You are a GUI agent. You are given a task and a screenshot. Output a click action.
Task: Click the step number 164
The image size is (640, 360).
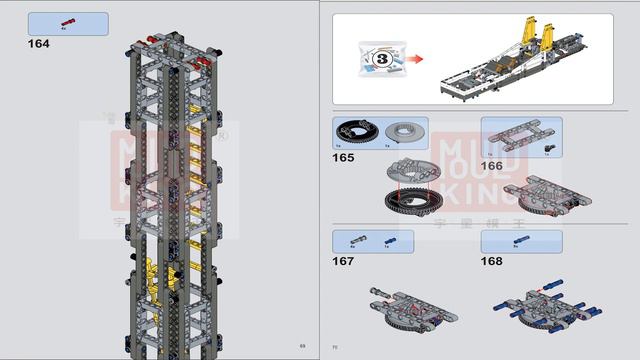pos(38,44)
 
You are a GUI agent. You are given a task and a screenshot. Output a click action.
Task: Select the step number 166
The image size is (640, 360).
pos(492,166)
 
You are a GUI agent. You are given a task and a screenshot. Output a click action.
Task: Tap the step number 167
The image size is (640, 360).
pos(345,262)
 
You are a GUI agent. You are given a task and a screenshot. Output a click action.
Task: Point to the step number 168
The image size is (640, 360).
pos(492,262)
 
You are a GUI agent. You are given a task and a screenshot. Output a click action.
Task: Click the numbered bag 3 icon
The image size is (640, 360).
pos(381,58)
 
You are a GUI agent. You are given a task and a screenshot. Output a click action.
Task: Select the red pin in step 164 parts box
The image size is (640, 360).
pos(67,21)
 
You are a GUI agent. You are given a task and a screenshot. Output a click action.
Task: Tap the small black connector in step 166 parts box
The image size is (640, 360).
pos(548,147)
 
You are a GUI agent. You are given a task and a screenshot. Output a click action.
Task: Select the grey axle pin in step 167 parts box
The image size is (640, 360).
pos(356,239)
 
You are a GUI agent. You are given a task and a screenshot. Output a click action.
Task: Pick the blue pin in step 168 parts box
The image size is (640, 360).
pos(520,240)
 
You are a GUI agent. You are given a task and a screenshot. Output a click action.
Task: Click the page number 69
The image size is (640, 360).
pos(302,346)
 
